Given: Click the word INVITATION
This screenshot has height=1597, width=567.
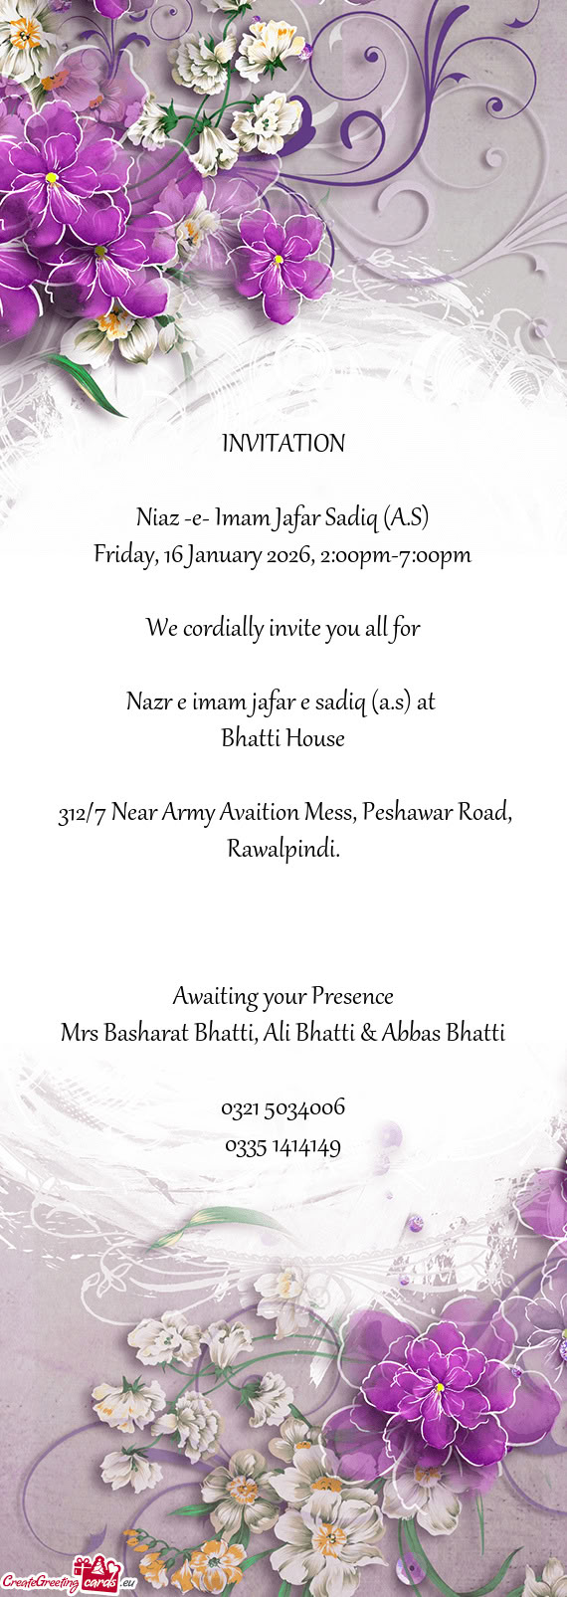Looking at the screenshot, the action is click(283, 444).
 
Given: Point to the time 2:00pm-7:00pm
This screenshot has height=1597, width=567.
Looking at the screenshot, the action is click(396, 555).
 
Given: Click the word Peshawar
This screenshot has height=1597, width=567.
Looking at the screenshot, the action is click(403, 813).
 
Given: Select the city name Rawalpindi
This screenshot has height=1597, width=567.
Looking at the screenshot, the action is click(283, 850).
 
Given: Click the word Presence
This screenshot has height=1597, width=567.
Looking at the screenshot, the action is click(352, 996).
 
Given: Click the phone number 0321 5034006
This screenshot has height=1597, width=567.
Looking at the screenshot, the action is click(283, 1107).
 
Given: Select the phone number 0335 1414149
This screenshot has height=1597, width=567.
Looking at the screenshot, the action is click(283, 1147).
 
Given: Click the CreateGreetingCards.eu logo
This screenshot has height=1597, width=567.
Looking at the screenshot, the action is click(68, 1579).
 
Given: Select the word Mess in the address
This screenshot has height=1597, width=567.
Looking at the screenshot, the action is click(328, 813).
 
